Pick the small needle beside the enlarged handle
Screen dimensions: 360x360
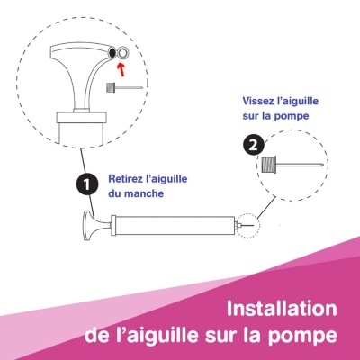pos(119,87)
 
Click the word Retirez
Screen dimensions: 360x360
pos(127,179)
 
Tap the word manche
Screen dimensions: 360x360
pos(143,193)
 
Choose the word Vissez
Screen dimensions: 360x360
pos(257,102)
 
